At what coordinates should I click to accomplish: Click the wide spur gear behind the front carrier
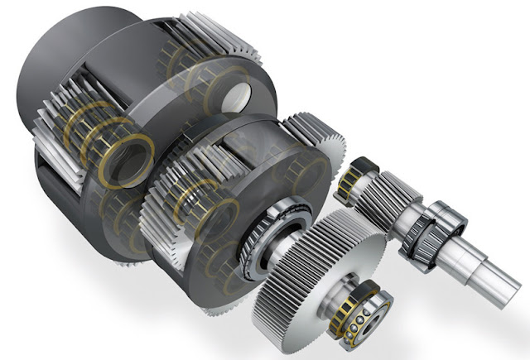coord(319,153)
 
